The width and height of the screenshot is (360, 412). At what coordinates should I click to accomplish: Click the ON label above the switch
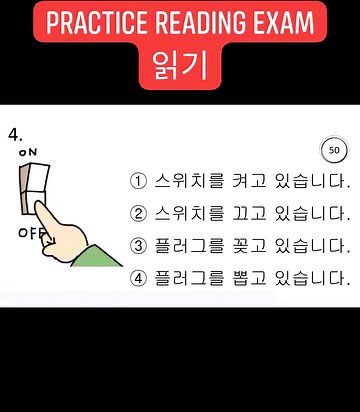point(28,151)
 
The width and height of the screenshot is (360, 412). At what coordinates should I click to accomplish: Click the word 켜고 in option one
point(254,182)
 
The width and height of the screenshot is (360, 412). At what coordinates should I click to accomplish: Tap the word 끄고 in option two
point(254,214)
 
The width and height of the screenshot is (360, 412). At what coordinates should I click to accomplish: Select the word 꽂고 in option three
point(254,246)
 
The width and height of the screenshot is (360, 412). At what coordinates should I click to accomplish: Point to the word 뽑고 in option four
point(254,277)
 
